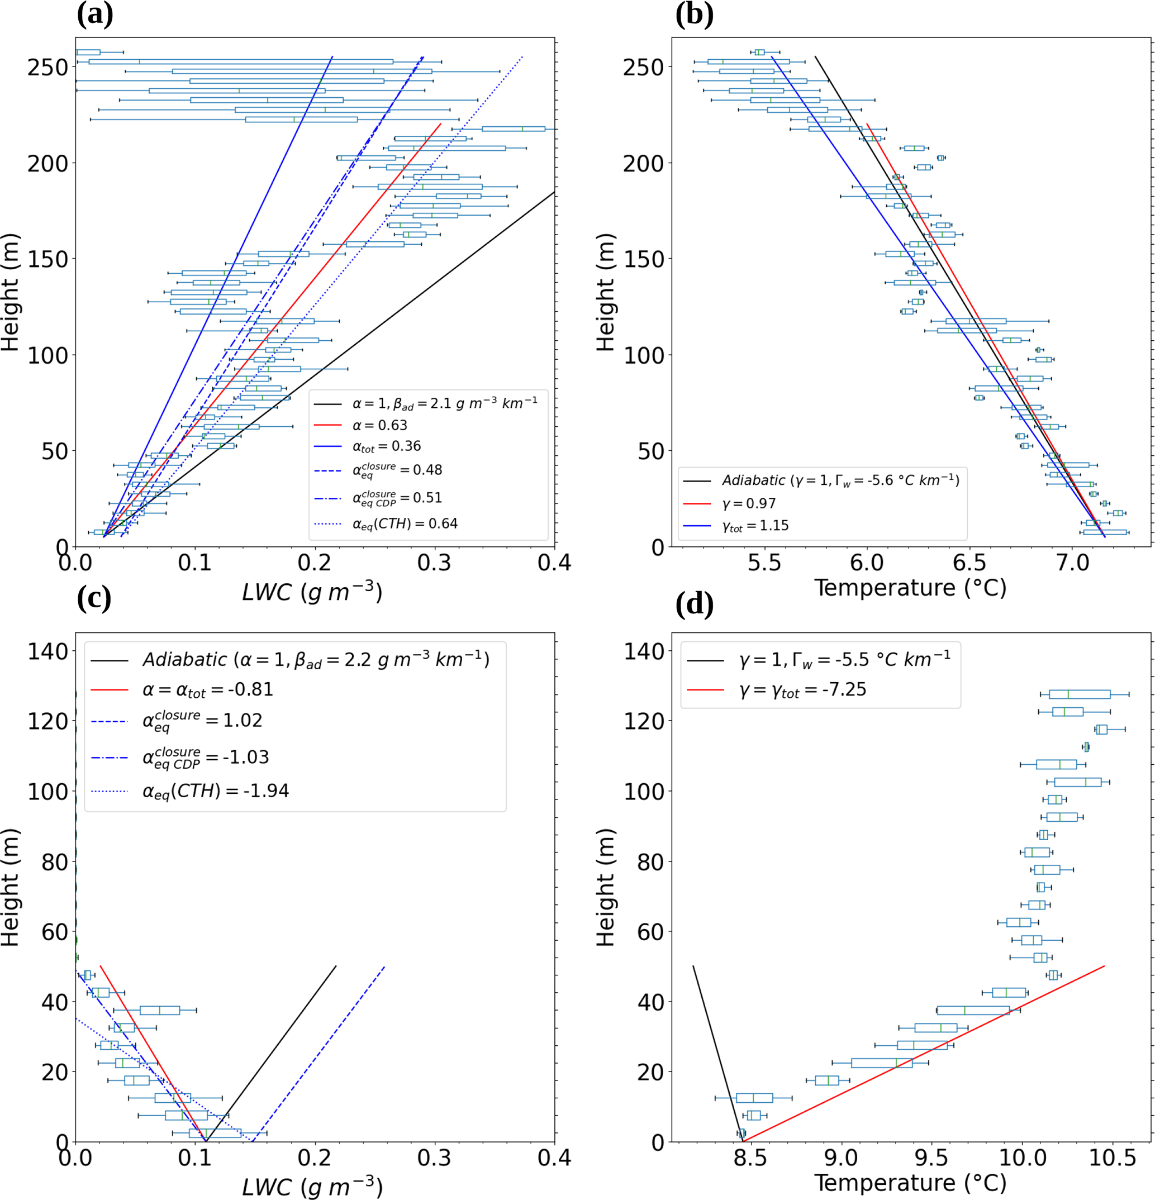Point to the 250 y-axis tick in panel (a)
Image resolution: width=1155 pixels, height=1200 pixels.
(47, 68)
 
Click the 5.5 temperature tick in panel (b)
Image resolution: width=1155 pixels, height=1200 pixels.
(764, 562)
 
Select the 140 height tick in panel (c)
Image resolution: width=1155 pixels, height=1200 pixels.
(47, 651)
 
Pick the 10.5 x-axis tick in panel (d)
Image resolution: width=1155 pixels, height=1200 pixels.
(1113, 1158)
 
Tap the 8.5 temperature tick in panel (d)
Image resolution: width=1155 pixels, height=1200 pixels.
(749, 1158)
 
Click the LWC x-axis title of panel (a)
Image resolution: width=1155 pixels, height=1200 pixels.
(312, 592)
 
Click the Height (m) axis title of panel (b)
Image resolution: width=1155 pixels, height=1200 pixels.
(605, 292)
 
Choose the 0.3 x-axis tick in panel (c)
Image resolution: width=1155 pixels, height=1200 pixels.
(435, 1158)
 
